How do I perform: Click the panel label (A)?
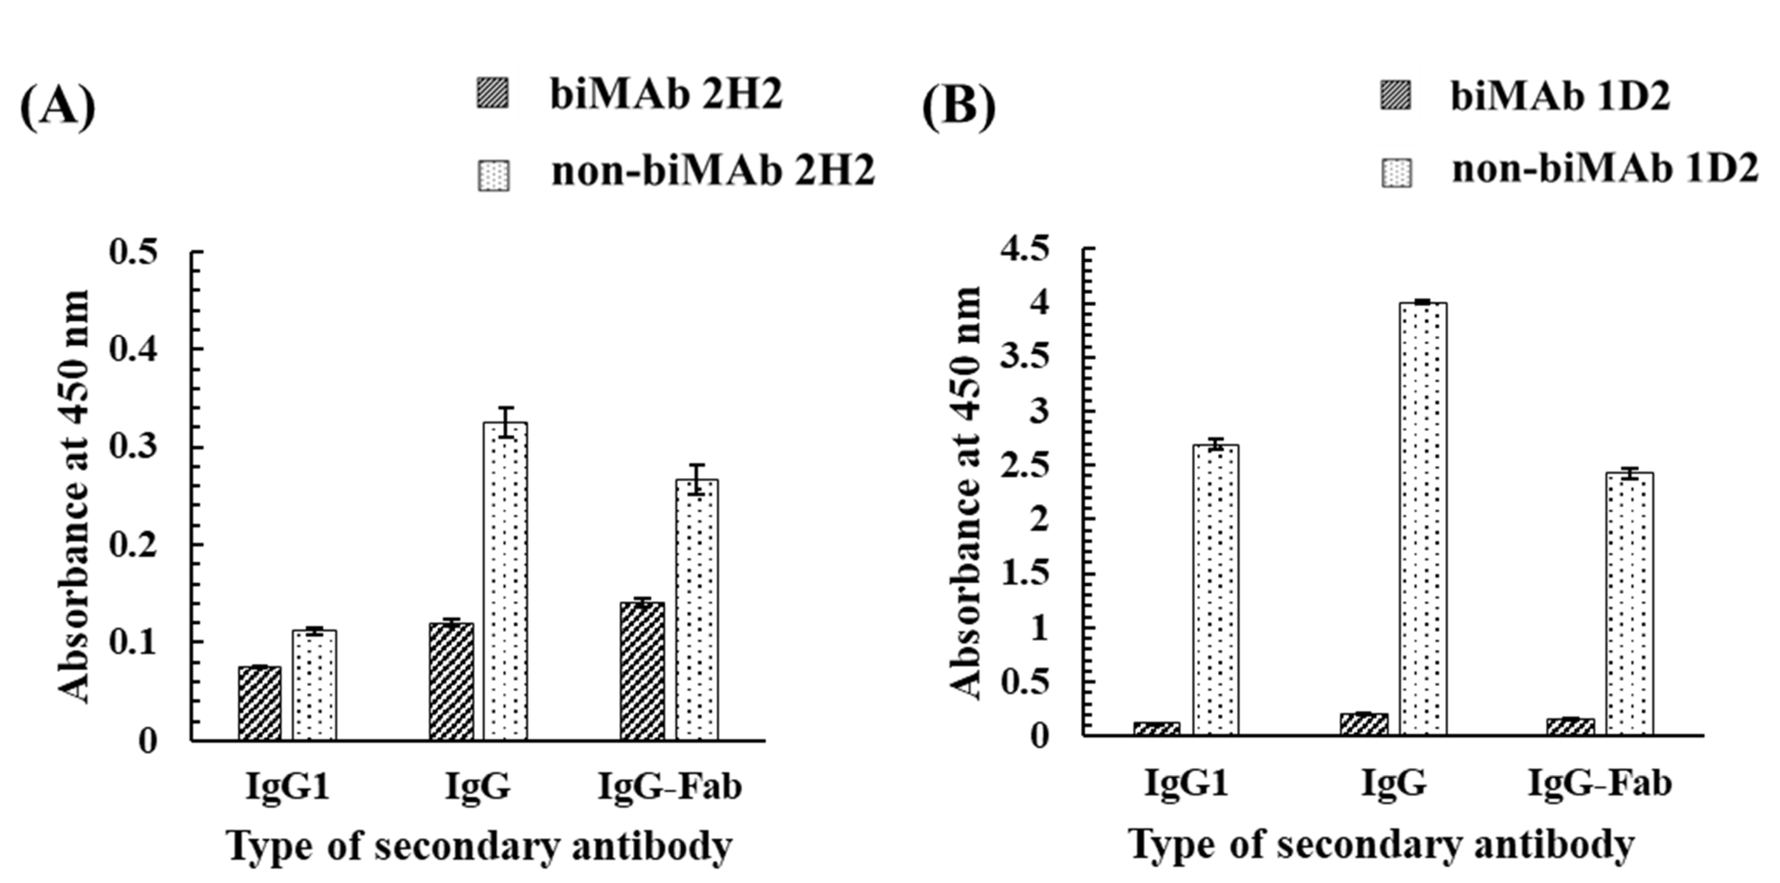coord(57,108)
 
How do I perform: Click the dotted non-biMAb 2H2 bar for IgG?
coord(505,581)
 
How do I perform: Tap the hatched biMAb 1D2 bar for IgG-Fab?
coord(1570,727)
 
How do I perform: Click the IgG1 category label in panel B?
coord(1186,783)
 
